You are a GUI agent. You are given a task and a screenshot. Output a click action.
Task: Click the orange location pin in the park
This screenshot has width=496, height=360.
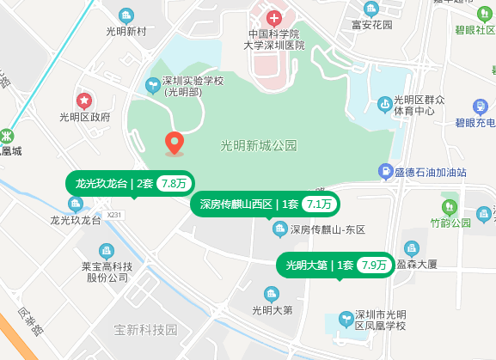pyautogui.click(x=175, y=143)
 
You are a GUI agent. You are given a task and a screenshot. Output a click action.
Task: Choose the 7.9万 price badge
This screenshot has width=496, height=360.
pyautogui.click(x=373, y=265)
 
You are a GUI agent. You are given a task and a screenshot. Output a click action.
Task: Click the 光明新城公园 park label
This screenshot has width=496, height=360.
pyautogui.click(x=258, y=145)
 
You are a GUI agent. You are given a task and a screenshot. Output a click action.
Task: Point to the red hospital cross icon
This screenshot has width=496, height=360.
pyautogui.click(x=273, y=18)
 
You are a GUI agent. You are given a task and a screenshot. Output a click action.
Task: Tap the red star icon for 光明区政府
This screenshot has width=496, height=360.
pyautogui.click(x=84, y=101)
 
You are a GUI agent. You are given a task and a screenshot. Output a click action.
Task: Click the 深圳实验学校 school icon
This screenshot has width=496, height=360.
pyautogui.click(x=152, y=84)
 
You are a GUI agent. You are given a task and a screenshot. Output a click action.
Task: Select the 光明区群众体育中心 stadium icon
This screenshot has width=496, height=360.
pyautogui.click(x=383, y=105)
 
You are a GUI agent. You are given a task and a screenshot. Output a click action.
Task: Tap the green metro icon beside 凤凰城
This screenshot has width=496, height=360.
pyautogui.click(x=7, y=135)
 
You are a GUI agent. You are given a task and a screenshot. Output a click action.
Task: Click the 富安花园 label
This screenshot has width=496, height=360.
pyautogui.click(x=371, y=25)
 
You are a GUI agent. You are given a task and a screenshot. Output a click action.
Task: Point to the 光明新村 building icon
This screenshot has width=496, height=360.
pyautogui.click(x=126, y=15)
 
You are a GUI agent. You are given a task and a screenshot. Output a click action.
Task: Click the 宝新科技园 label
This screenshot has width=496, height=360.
pyautogui.click(x=145, y=330)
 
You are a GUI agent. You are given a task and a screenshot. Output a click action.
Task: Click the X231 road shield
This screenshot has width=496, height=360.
pyautogui.click(x=116, y=214)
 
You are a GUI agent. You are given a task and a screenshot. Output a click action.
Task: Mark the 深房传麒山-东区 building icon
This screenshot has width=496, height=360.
pyautogui.click(x=279, y=229)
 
